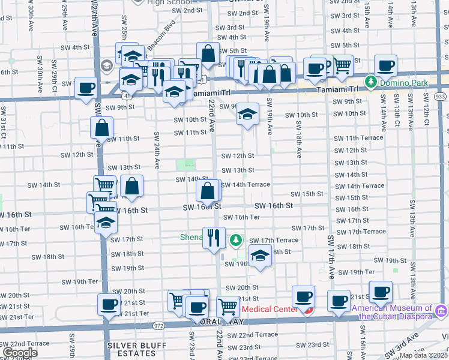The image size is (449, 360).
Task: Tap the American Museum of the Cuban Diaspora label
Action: pos(393,312)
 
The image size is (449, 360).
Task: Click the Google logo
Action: pos(20,353)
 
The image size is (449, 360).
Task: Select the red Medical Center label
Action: pos(270,309)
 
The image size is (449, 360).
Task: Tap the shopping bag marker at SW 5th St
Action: pos(208,53)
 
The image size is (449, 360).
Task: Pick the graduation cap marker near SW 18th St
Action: pos(260,255)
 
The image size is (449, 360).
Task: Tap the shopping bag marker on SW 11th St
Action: pos(102,127)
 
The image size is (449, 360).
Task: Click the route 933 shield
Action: pos(441,96)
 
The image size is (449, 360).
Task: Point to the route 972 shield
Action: pos(158,325)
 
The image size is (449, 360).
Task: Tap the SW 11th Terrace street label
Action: pos(358,138)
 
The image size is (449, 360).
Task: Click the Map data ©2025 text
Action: pos(423,355)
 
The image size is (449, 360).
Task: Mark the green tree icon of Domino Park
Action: pos(372,81)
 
